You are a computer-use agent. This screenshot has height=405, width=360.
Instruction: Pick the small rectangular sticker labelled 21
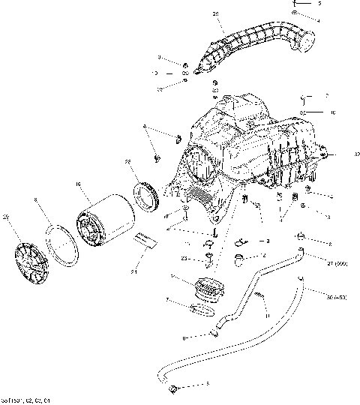click(x=144, y=241)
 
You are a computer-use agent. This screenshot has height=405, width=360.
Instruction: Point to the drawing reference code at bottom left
click(x=25, y=400)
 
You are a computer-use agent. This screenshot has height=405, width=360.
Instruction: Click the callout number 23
click(x=184, y=258)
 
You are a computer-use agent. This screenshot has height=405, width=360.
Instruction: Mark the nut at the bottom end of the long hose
click(x=174, y=387)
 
